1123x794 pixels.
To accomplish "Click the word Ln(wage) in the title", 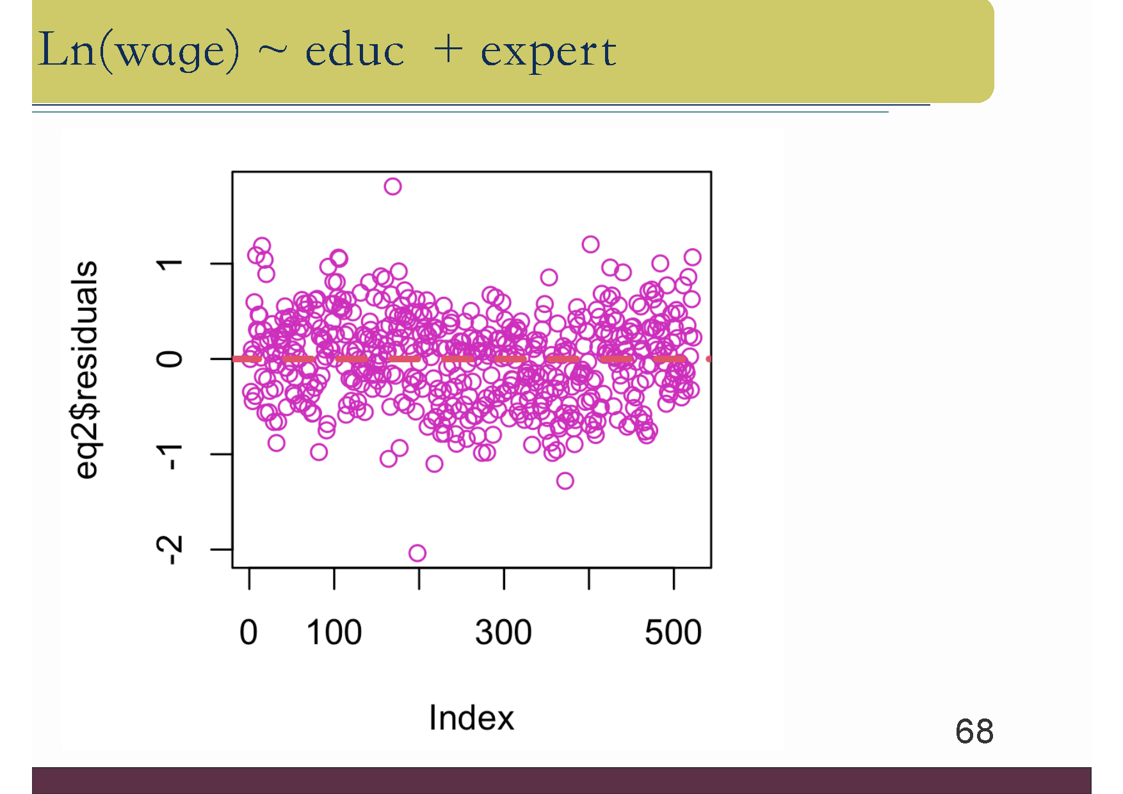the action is pyautogui.click(x=139, y=50).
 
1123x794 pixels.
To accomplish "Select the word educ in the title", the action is pyautogui.click(x=355, y=51).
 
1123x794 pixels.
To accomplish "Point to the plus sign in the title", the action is pyautogui.click(x=448, y=49).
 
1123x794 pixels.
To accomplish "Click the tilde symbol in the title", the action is pyautogui.click(x=273, y=50).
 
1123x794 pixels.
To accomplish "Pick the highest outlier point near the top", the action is pyautogui.click(x=392, y=187).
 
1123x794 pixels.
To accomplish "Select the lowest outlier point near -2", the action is pyautogui.click(x=417, y=553).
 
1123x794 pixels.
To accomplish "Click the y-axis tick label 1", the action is pyautogui.click(x=170, y=264).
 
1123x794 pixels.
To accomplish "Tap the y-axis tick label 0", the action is pyautogui.click(x=170, y=359).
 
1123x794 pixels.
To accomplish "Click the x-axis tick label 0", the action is pyautogui.click(x=248, y=632).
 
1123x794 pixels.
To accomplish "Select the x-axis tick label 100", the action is pyautogui.click(x=334, y=632).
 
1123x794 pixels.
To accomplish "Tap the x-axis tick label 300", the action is pyautogui.click(x=503, y=632).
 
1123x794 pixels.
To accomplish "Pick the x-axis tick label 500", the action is pyautogui.click(x=673, y=632).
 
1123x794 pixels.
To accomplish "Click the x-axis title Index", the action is pyautogui.click(x=471, y=717).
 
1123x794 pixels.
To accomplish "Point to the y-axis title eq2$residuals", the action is pyautogui.click(x=87, y=369).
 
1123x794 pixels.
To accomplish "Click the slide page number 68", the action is pyautogui.click(x=974, y=731).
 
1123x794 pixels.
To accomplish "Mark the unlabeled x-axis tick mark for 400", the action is pyautogui.click(x=589, y=578).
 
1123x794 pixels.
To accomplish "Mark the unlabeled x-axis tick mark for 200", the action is pyautogui.click(x=419, y=578).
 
